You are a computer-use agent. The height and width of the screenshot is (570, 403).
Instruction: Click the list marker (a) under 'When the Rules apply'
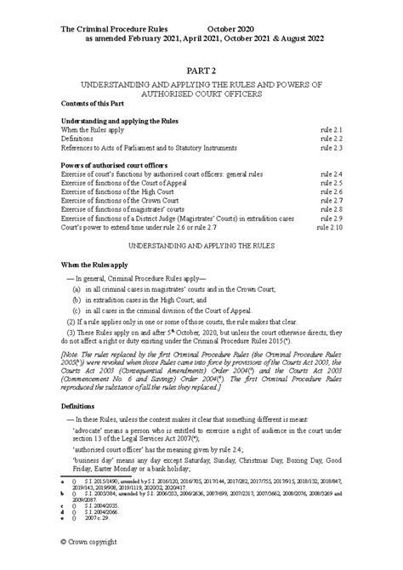point(77,288)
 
